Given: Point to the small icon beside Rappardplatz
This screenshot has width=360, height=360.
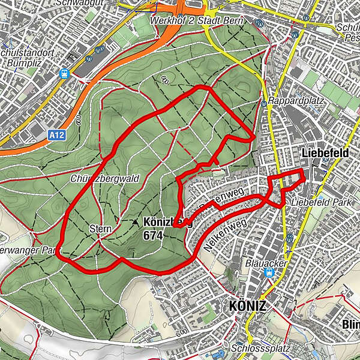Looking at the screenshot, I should point(264,103).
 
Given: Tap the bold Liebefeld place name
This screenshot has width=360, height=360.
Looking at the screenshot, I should point(326,154).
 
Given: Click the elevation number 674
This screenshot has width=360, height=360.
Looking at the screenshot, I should point(153,236).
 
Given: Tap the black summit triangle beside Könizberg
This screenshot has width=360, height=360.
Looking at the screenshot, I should point(135,221).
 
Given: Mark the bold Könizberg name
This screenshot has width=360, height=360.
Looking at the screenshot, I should point(168,221).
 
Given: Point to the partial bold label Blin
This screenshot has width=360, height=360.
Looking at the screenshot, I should point(350,325).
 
